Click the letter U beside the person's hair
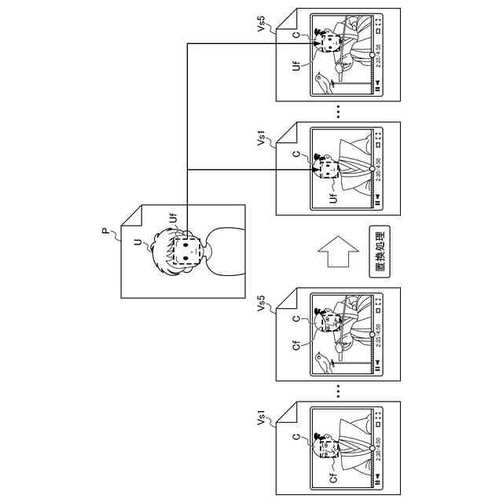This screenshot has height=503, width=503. pos(139,244)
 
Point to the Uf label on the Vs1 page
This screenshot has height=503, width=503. pos(333,196)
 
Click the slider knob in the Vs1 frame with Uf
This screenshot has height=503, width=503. pos(372,168)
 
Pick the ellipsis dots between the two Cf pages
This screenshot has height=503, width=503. pos(338,391)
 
